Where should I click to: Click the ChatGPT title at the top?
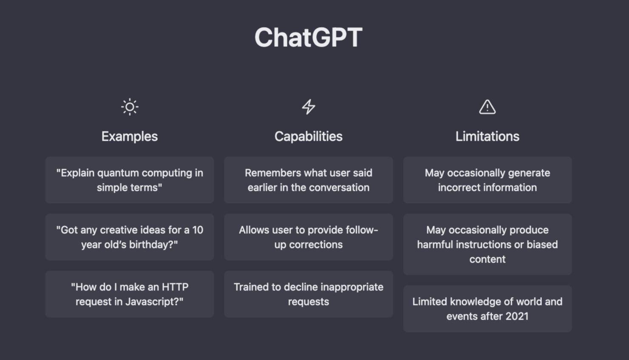pyautogui.click(x=308, y=37)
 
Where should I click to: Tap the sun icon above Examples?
pyautogui.click(x=130, y=107)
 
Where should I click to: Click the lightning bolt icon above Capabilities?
pyautogui.click(x=309, y=107)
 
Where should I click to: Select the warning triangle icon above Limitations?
pyautogui.click(x=487, y=107)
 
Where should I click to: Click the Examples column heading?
pyautogui.click(x=130, y=136)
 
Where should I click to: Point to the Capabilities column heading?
pyautogui.click(x=309, y=136)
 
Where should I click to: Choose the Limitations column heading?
pyautogui.click(x=487, y=136)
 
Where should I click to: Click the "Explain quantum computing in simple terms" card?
pyautogui.click(x=130, y=180)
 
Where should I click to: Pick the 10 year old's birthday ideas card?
pyautogui.click(x=130, y=237)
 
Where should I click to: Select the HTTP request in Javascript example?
pyautogui.click(x=130, y=294)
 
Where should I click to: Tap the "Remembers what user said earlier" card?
pyautogui.click(x=309, y=180)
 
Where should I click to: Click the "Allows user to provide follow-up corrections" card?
pyautogui.click(x=309, y=237)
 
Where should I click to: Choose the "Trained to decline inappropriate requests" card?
pyautogui.click(x=309, y=294)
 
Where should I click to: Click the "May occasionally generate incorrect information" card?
pyautogui.click(x=487, y=180)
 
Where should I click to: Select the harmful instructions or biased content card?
pyautogui.click(x=487, y=244)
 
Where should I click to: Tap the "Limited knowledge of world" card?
pyautogui.click(x=487, y=309)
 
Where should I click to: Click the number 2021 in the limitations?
pyautogui.click(x=517, y=316)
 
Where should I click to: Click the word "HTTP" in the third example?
pyautogui.click(x=175, y=287)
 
